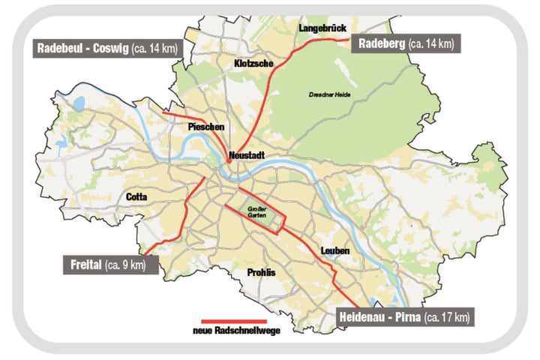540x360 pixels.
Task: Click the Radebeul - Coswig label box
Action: coord(109,49)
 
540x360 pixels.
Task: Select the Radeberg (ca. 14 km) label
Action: coord(404,43)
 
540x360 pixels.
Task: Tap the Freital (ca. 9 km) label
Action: coord(109,264)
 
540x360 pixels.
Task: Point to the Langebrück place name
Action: coord(320,27)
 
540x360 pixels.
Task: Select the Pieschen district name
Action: coord(205,127)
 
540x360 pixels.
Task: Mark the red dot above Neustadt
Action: coord(229,160)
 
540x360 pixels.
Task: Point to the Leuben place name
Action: coord(334,250)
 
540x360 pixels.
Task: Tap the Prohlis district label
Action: coord(262,272)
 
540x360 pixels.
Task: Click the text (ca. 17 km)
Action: coord(446,318)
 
